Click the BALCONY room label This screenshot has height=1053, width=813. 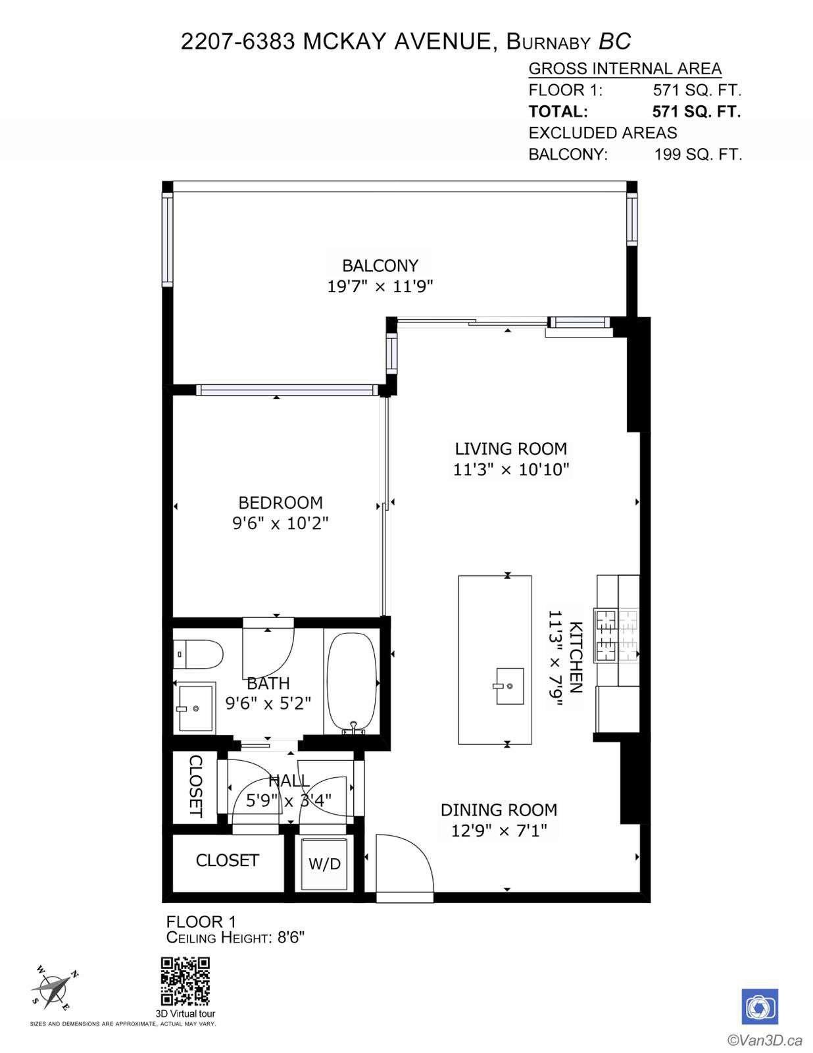pyautogui.click(x=380, y=266)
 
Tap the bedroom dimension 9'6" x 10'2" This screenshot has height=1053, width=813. pyautogui.click(x=280, y=524)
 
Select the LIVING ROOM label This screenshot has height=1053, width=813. pyautogui.click(x=510, y=449)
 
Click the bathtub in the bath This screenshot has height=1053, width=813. pyautogui.click(x=353, y=682)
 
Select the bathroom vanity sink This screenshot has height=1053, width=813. pyautogui.click(x=195, y=708)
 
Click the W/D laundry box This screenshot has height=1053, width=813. pyautogui.click(x=324, y=863)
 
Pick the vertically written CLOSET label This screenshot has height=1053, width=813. pyautogui.click(x=195, y=786)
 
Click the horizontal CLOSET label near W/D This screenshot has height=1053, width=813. pyautogui.click(x=227, y=860)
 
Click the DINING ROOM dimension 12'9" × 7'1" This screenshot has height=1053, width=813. pyautogui.click(x=499, y=831)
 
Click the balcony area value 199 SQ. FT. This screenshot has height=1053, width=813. pyautogui.click(x=698, y=155)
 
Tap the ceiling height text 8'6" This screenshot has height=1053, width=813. pyautogui.click(x=289, y=938)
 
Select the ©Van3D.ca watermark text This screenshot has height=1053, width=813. pyautogui.click(x=764, y=1040)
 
